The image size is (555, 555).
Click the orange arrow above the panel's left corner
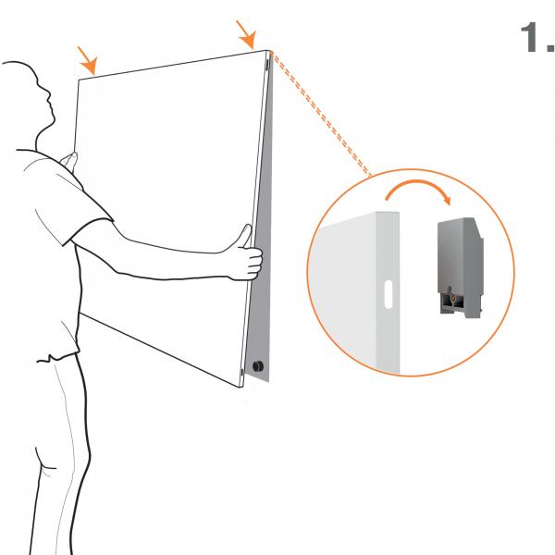pos(87,60)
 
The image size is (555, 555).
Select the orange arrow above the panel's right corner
pos(246,35)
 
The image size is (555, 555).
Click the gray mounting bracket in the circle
pos(461,267)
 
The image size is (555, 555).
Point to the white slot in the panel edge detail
pos(388,294)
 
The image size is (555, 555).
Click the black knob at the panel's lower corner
pos(258,366)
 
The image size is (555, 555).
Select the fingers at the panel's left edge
pos(69,161)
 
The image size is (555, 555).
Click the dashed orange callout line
pos(321,114)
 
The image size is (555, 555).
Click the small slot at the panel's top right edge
pos(267,64)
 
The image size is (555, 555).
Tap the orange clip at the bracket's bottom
pos(451,299)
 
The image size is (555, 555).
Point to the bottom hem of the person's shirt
pos(58,357)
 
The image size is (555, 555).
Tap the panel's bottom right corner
pos(241,387)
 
